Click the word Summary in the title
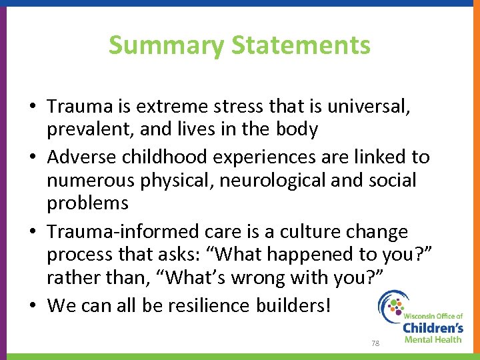click(167, 45)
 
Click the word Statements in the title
click(301, 45)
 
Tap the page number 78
click(375, 343)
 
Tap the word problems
click(87, 203)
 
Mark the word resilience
click(203, 306)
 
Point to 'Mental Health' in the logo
click(433, 340)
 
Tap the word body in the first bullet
click(295, 129)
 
